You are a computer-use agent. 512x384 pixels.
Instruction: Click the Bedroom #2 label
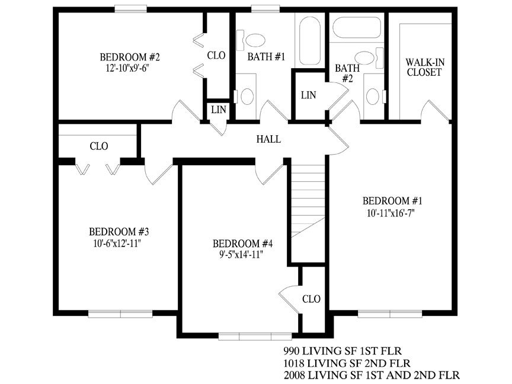pyautogui.click(x=130, y=57)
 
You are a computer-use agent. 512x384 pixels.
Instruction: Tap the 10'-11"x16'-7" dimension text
pyautogui.click(x=391, y=213)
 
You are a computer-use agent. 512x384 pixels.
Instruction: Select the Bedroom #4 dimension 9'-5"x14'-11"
pyautogui.click(x=241, y=254)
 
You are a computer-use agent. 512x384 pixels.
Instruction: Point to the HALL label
pyautogui.click(x=268, y=139)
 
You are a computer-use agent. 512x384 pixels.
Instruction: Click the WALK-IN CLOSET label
pyautogui.click(x=425, y=68)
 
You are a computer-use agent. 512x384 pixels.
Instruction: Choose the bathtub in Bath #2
pyautogui.click(x=357, y=27)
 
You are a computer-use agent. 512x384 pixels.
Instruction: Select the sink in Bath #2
pyautogui.click(x=372, y=96)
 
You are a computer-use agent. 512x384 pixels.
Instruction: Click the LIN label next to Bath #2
pyautogui.click(x=308, y=95)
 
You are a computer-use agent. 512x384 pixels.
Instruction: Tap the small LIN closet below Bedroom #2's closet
pyautogui.click(x=218, y=110)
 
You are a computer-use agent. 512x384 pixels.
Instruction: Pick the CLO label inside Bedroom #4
pyautogui.click(x=311, y=299)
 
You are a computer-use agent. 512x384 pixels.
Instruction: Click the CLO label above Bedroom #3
pyautogui.click(x=98, y=146)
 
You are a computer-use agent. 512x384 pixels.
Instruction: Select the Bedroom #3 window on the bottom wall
pyautogui.click(x=120, y=314)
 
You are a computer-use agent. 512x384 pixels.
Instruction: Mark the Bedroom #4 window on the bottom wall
pyautogui.click(x=255, y=337)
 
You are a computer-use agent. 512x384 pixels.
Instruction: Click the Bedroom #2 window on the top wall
pyautogui.click(x=130, y=9)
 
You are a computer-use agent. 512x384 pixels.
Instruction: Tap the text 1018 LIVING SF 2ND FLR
pyautogui.click(x=347, y=363)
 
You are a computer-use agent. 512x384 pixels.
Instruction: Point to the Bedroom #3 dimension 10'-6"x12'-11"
pyautogui.click(x=117, y=244)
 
